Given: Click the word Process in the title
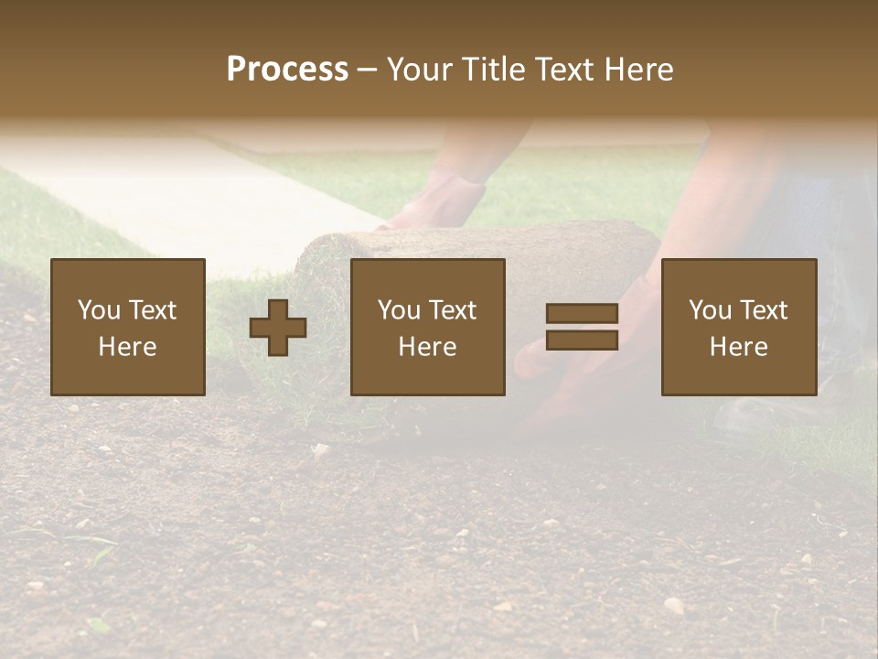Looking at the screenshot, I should (x=287, y=70).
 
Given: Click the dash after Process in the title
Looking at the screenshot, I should (x=367, y=70).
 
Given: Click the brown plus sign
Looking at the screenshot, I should (x=278, y=327).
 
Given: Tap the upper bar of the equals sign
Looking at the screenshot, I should (x=582, y=314).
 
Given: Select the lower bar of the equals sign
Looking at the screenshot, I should (x=582, y=340).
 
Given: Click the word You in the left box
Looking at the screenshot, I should (x=99, y=310).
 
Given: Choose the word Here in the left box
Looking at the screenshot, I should (x=127, y=347).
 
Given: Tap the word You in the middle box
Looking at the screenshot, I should (x=399, y=310).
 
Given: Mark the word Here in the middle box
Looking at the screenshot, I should (x=427, y=347).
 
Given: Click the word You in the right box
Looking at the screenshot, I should (x=710, y=310).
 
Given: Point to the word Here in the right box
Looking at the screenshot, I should (x=738, y=347).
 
